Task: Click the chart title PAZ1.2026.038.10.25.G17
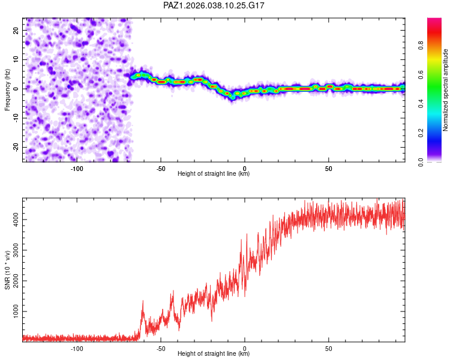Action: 214,5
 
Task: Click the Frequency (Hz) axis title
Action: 7,89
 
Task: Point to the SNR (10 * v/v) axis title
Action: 7,270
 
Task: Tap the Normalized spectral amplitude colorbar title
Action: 445,90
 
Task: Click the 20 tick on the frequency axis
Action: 16,30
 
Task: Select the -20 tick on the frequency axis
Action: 15,148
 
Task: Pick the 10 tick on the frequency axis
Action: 16,59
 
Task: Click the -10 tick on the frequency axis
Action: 15,118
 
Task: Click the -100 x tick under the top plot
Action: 77,169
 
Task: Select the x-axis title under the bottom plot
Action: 214,355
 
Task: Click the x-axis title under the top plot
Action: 214,175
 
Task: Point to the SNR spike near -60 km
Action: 143,302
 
